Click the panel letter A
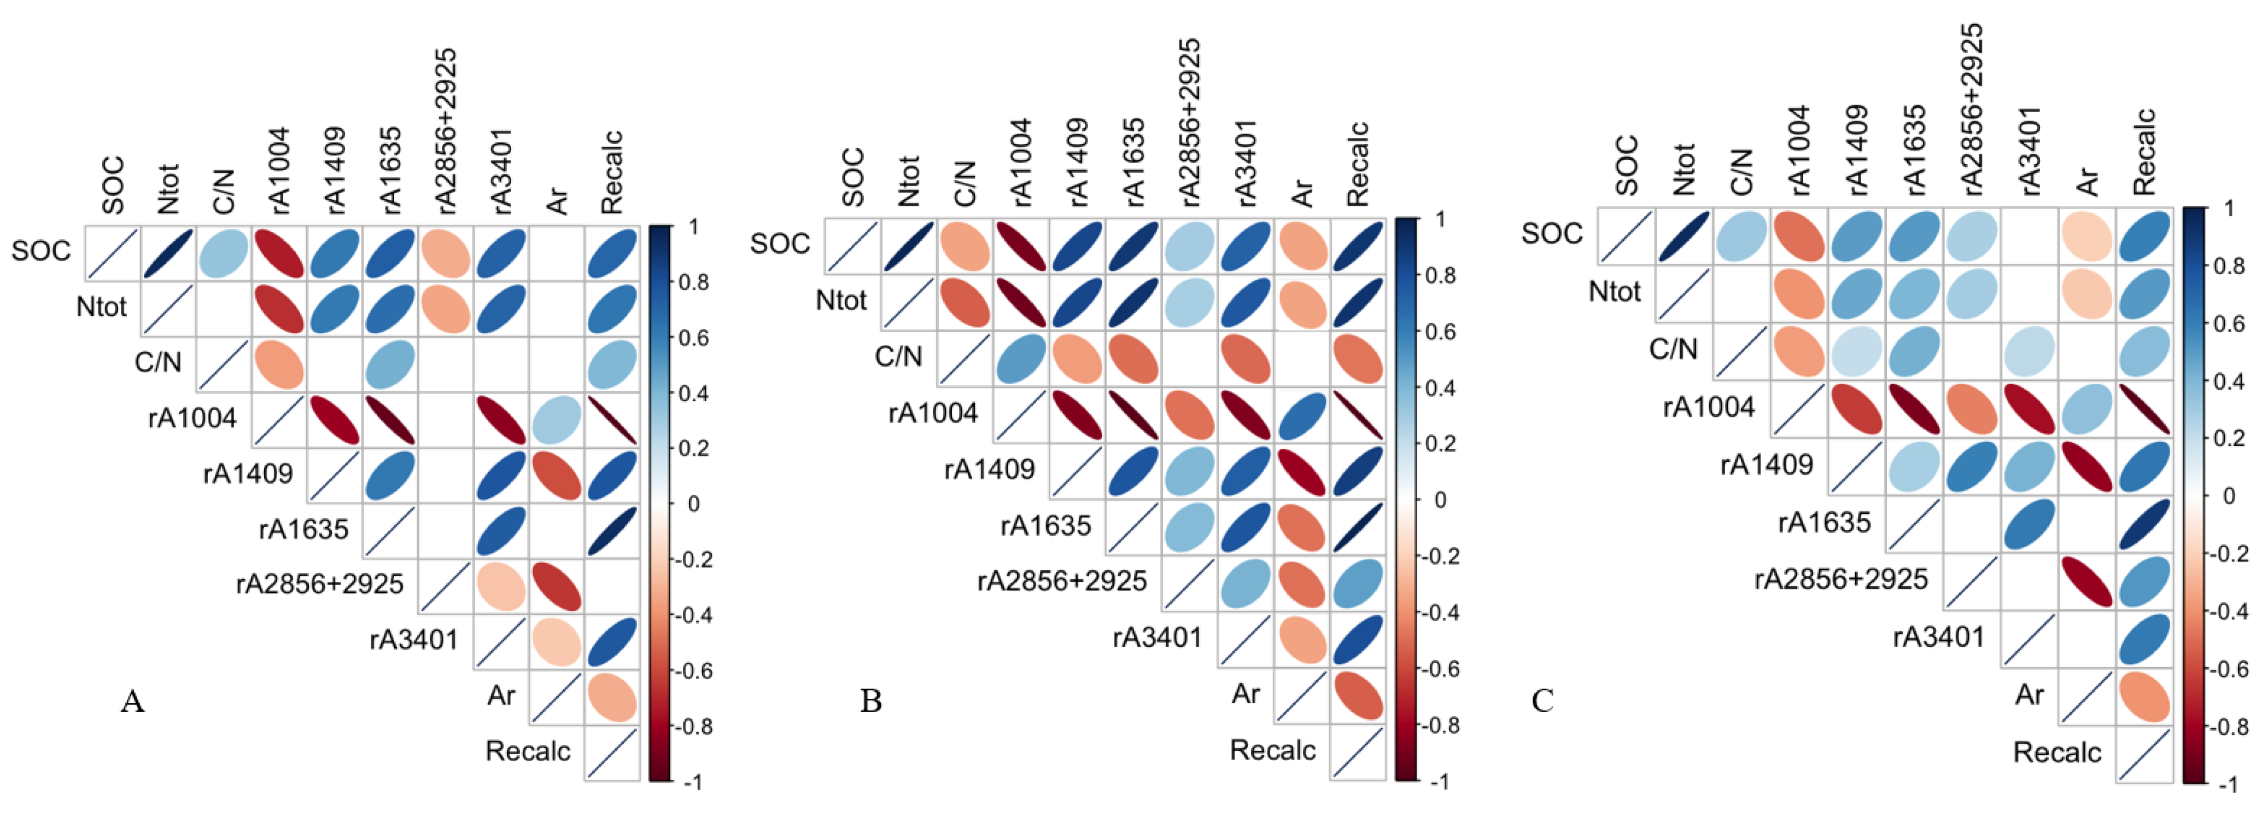(132, 702)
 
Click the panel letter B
(871, 701)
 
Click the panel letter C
(1542, 701)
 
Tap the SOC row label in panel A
(40, 251)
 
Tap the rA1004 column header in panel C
(1799, 150)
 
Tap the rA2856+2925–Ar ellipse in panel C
(2086, 582)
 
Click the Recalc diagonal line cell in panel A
(612, 753)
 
